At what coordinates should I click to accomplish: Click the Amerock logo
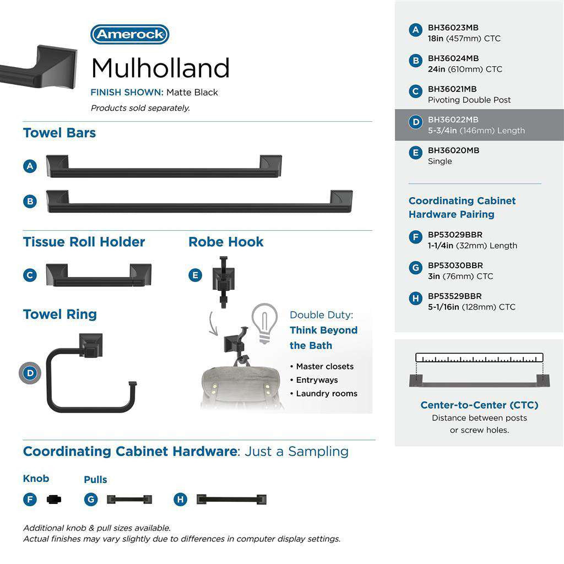point(129,35)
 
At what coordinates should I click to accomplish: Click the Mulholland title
point(160,68)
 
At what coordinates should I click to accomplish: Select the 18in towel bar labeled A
point(164,166)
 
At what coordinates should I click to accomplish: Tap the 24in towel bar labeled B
point(199,202)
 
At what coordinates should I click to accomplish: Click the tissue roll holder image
point(98,275)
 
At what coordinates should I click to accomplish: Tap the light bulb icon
point(264,323)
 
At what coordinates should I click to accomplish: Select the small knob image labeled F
point(54,500)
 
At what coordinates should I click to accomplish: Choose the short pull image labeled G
point(129,500)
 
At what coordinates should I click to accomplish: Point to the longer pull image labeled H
point(231,500)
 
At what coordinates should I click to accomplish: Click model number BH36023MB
point(453,28)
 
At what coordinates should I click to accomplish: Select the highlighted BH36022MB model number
point(453,120)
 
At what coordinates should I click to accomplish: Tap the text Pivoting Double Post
point(469,100)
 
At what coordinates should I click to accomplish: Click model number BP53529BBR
point(454,296)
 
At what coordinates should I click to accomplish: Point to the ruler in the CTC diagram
point(479,357)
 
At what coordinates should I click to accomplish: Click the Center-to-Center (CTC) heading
point(479,405)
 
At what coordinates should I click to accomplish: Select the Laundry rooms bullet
point(326,393)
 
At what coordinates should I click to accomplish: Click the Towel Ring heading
point(59,314)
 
